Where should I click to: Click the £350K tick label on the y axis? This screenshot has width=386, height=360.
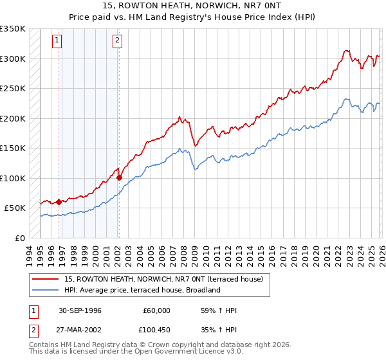13,29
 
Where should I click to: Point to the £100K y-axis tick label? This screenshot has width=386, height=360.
13,178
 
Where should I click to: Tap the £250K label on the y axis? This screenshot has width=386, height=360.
13,89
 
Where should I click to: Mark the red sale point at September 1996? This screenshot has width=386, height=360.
59,202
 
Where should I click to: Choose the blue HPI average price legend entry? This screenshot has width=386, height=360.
142,290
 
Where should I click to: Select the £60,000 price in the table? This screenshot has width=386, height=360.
156,310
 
